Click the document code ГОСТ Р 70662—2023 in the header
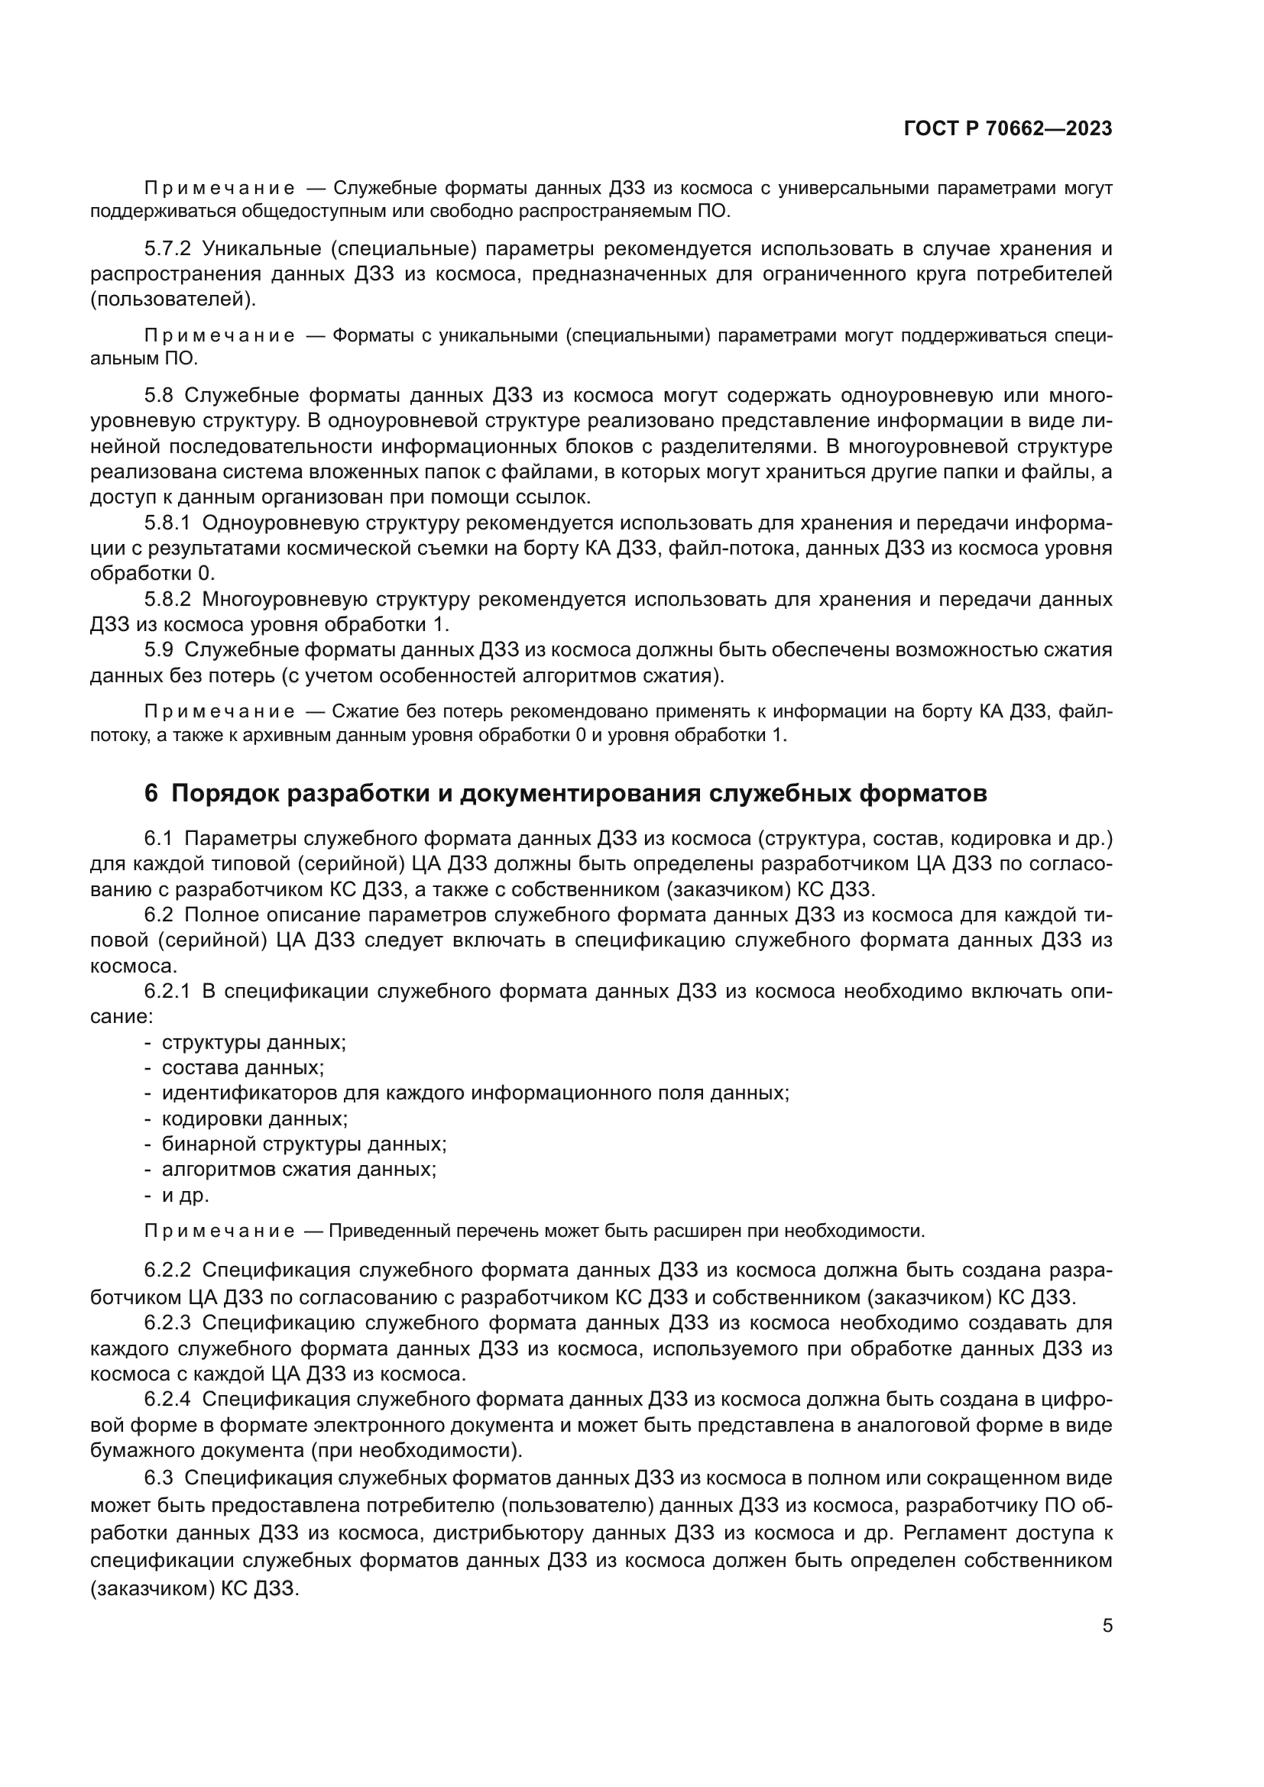point(1008,129)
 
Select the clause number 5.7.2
point(167,249)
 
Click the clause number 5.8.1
point(167,523)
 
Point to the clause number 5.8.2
point(167,598)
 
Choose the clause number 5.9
point(159,649)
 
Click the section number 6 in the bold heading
point(151,793)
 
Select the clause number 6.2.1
point(167,991)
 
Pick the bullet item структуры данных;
point(254,1042)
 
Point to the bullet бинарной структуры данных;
point(303,1144)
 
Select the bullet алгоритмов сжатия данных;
point(299,1169)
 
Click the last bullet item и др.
point(185,1195)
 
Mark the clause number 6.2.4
point(167,1399)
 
